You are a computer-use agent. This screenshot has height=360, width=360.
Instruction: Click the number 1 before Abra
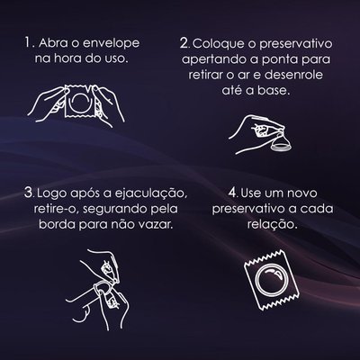(x=28, y=43)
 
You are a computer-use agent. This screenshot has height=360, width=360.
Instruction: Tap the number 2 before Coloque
(x=184, y=43)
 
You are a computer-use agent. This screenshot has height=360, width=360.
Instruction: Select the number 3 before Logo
(x=29, y=193)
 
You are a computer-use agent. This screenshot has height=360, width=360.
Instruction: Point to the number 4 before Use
(x=233, y=193)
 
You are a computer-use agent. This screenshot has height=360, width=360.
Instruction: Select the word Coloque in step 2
(x=219, y=44)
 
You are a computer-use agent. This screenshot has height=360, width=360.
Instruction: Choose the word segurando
(x=115, y=209)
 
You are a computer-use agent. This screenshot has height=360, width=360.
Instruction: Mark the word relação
(x=273, y=224)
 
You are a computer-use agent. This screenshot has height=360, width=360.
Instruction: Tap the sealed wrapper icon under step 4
(x=272, y=280)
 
